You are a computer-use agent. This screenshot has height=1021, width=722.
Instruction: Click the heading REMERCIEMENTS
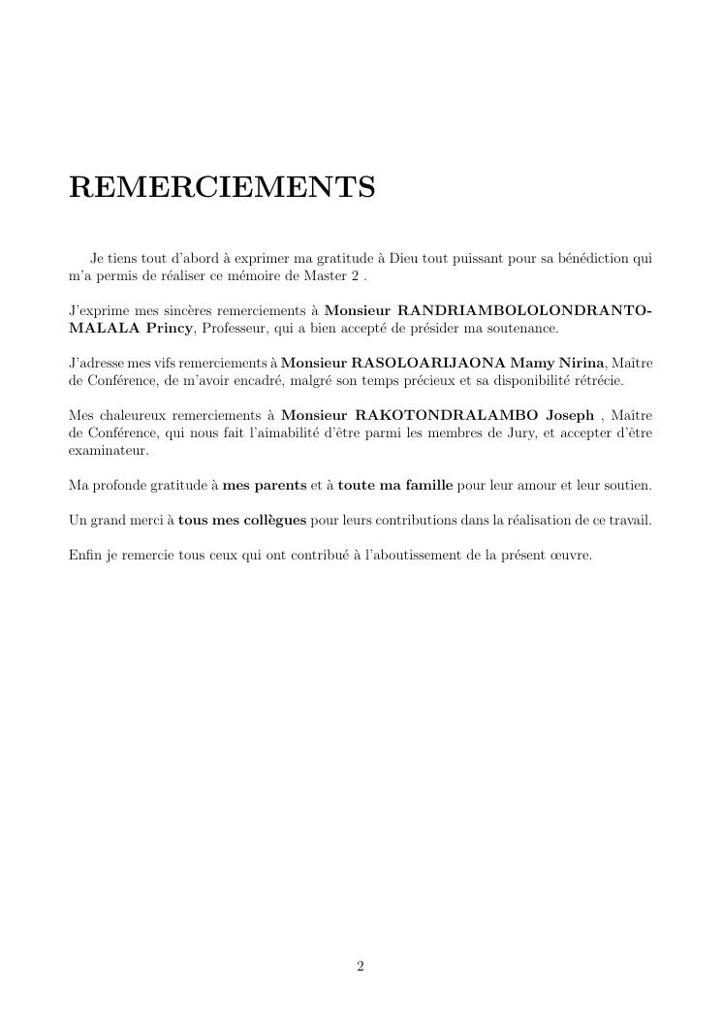222,187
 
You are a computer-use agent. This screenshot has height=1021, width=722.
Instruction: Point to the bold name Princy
170,329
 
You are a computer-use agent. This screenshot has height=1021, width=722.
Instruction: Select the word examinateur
109,451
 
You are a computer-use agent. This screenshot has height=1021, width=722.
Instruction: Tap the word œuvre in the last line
567,556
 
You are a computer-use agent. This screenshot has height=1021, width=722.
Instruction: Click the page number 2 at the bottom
361,966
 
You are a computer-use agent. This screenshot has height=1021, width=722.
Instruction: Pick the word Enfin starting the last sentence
85,556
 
